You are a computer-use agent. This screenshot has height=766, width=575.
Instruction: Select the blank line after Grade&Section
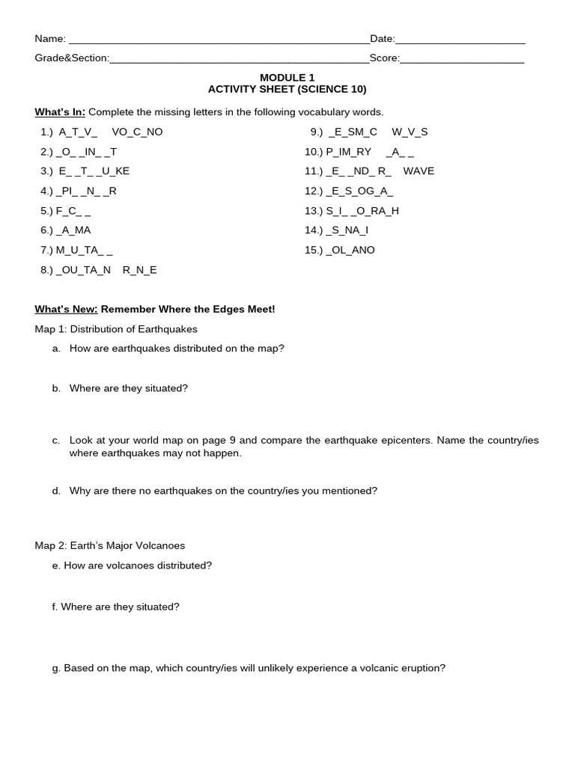(239, 60)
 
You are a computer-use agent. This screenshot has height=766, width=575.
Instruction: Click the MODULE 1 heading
(287, 78)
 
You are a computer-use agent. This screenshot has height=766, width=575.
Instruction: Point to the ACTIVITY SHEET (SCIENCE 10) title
(287, 90)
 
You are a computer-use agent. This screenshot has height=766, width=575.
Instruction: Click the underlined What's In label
(60, 112)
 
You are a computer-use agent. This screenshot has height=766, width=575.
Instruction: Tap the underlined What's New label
(66, 309)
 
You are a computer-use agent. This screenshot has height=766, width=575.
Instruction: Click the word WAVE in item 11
(419, 171)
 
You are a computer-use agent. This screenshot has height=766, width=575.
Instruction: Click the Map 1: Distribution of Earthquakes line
(116, 329)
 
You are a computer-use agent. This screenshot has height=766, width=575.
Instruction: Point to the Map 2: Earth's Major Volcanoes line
(109, 545)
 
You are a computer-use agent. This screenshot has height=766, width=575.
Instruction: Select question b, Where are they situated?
(128, 388)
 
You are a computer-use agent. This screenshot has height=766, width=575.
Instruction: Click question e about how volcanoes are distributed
(138, 566)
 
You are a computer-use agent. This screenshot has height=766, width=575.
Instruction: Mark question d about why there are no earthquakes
(223, 491)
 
